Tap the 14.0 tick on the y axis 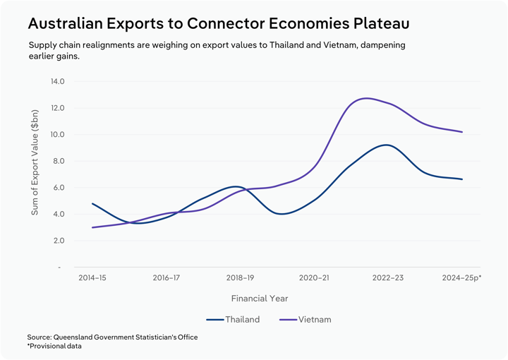tap(57, 81)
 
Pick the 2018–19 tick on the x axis tap(240, 278)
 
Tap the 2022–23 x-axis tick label tap(387, 278)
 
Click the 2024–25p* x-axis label tap(461, 278)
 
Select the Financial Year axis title tap(259, 299)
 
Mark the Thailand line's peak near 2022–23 tap(385, 145)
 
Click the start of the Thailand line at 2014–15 tap(92, 203)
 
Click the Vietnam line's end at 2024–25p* tap(462, 132)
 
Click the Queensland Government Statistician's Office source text tap(112, 337)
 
